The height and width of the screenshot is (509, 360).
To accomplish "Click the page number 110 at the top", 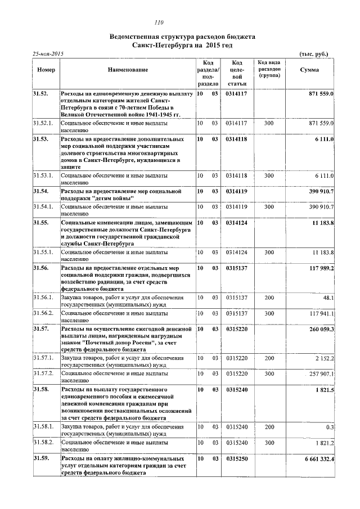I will coord(159,23).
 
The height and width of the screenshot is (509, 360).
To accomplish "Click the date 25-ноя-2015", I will coord(47,53).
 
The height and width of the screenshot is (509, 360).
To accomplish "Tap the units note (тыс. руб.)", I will coord(312,54).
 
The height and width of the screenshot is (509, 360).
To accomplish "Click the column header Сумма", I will coord(309,70).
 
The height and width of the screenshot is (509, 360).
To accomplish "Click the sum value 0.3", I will coord(330,427).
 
